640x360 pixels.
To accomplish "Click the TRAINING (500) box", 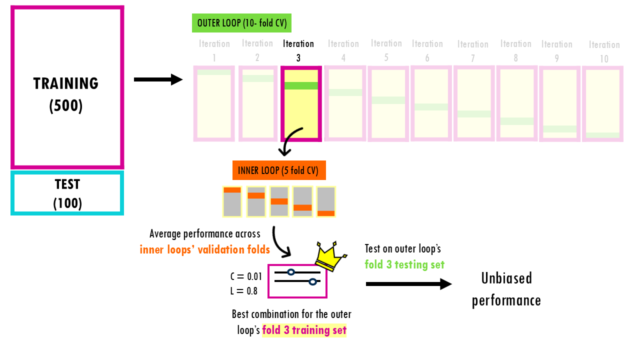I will point(67,87).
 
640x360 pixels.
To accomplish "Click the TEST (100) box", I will point(67,193).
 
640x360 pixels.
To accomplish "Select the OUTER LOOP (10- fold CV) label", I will point(241,23).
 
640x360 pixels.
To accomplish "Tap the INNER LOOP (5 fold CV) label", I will point(279,170).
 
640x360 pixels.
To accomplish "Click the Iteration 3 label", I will point(298,50).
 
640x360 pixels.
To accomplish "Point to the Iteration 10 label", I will point(604,51).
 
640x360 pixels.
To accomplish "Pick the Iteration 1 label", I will point(214,50).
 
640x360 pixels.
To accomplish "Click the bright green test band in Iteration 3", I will point(301,85).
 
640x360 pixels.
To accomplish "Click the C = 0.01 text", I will point(246,276).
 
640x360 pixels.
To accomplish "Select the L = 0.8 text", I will point(244,290).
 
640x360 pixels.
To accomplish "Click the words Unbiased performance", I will point(506,289).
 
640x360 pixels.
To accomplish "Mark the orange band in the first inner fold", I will point(232,190).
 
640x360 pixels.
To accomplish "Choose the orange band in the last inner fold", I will point(326,213).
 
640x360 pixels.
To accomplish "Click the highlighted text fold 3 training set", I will point(304,330).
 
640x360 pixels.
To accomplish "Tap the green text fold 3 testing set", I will point(404,264).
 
